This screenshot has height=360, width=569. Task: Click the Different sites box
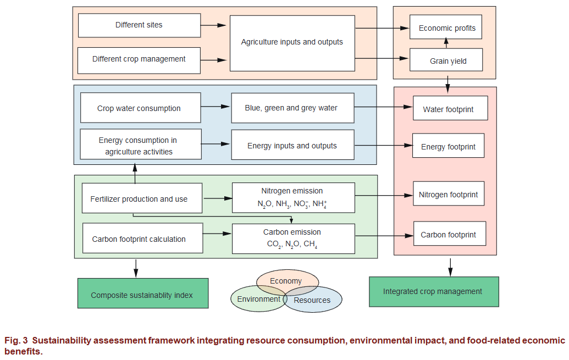139,25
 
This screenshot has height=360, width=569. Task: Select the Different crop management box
139,60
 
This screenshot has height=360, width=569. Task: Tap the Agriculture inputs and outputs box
292,43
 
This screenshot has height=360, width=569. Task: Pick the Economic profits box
446,27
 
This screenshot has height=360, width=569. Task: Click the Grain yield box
446,60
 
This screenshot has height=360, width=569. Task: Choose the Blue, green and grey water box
292,108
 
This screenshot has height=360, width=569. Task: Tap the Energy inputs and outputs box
292,145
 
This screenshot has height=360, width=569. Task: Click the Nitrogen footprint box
448,194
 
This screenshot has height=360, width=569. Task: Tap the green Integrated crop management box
434,291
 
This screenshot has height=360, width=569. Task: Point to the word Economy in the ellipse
286,281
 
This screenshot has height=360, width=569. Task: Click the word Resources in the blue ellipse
312,300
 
